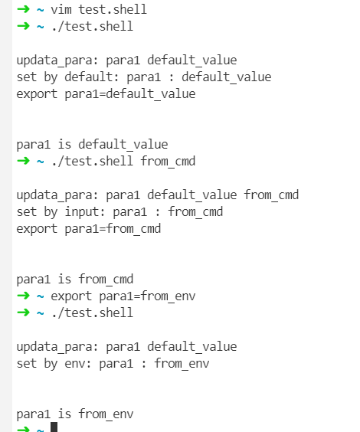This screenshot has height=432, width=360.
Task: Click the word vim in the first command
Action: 61,9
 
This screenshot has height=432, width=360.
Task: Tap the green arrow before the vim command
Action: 24,9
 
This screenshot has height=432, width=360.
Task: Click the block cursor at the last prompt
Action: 54,427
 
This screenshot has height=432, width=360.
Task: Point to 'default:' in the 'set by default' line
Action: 92,77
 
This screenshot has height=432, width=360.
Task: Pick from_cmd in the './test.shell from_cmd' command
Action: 168,161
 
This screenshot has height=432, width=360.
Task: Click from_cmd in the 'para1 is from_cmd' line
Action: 106,280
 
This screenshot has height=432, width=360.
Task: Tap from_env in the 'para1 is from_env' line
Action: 106,414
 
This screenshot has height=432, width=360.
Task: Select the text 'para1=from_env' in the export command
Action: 147,296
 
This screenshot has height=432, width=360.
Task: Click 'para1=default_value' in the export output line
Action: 130,94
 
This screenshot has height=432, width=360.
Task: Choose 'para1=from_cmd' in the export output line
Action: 113,229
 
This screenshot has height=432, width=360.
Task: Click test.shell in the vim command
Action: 113,9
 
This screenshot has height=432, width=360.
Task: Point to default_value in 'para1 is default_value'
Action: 123,145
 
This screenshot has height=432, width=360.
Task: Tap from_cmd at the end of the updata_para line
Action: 271,195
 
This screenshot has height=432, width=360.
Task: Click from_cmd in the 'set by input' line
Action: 195,212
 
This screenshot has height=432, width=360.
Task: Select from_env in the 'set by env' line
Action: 182,364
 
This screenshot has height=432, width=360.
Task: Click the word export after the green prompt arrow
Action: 71,296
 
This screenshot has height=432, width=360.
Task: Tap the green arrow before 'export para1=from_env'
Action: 24,296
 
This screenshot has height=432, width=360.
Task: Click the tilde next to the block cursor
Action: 41,429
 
